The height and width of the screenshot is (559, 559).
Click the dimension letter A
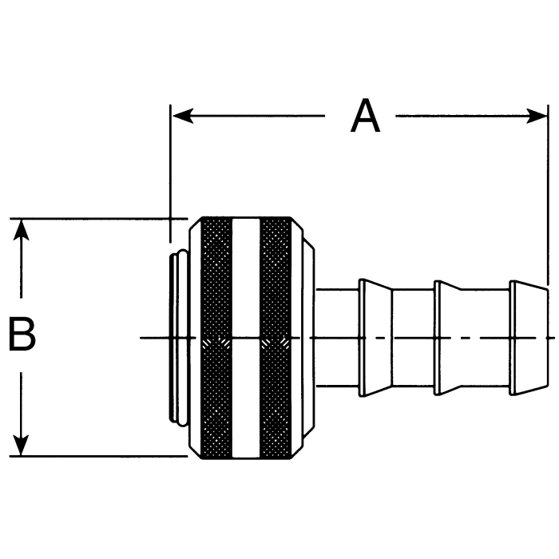366,117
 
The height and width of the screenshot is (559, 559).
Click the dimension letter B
22,335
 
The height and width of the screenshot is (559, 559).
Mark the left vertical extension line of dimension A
171,176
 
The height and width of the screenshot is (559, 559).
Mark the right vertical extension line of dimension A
548,200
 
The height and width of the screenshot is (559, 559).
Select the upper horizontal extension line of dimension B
96,218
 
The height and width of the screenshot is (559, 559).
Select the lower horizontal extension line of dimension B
96,456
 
